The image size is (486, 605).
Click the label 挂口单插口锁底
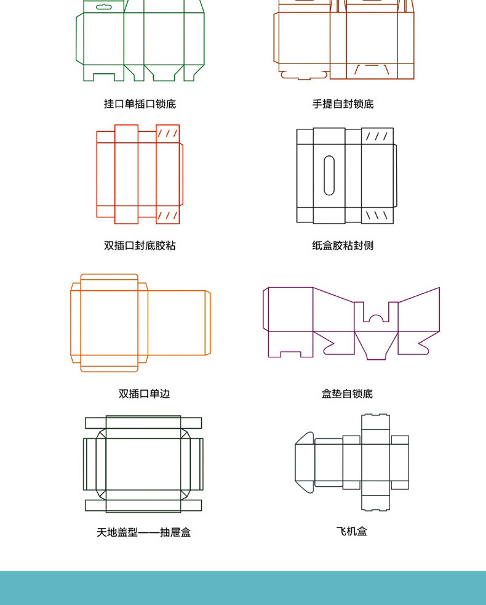[x=140, y=104]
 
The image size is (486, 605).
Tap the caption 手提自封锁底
[x=343, y=104]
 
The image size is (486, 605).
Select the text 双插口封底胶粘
[x=140, y=245]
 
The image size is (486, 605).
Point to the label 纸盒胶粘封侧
[x=343, y=245]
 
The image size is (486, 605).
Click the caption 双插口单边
[x=144, y=394]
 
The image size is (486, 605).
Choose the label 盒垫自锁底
[x=347, y=394]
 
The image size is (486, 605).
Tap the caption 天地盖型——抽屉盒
[x=144, y=532]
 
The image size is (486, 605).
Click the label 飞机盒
[x=351, y=531]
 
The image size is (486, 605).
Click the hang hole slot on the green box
[x=104, y=7]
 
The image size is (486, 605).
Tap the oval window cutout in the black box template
[x=329, y=175]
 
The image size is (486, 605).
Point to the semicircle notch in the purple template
[x=376, y=318]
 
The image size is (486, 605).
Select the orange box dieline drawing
[x=140, y=323]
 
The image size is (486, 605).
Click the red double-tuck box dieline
[x=140, y=174]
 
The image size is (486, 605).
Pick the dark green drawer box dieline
[x=143, y=464]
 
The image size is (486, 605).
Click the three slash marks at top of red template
[x=168, y=134]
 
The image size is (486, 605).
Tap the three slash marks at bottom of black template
[x=377, y=215]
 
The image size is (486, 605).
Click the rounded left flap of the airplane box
[x=305, y=462]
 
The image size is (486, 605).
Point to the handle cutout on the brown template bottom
[x=372, y=70]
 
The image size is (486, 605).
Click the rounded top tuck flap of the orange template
[x=109, y=277]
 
